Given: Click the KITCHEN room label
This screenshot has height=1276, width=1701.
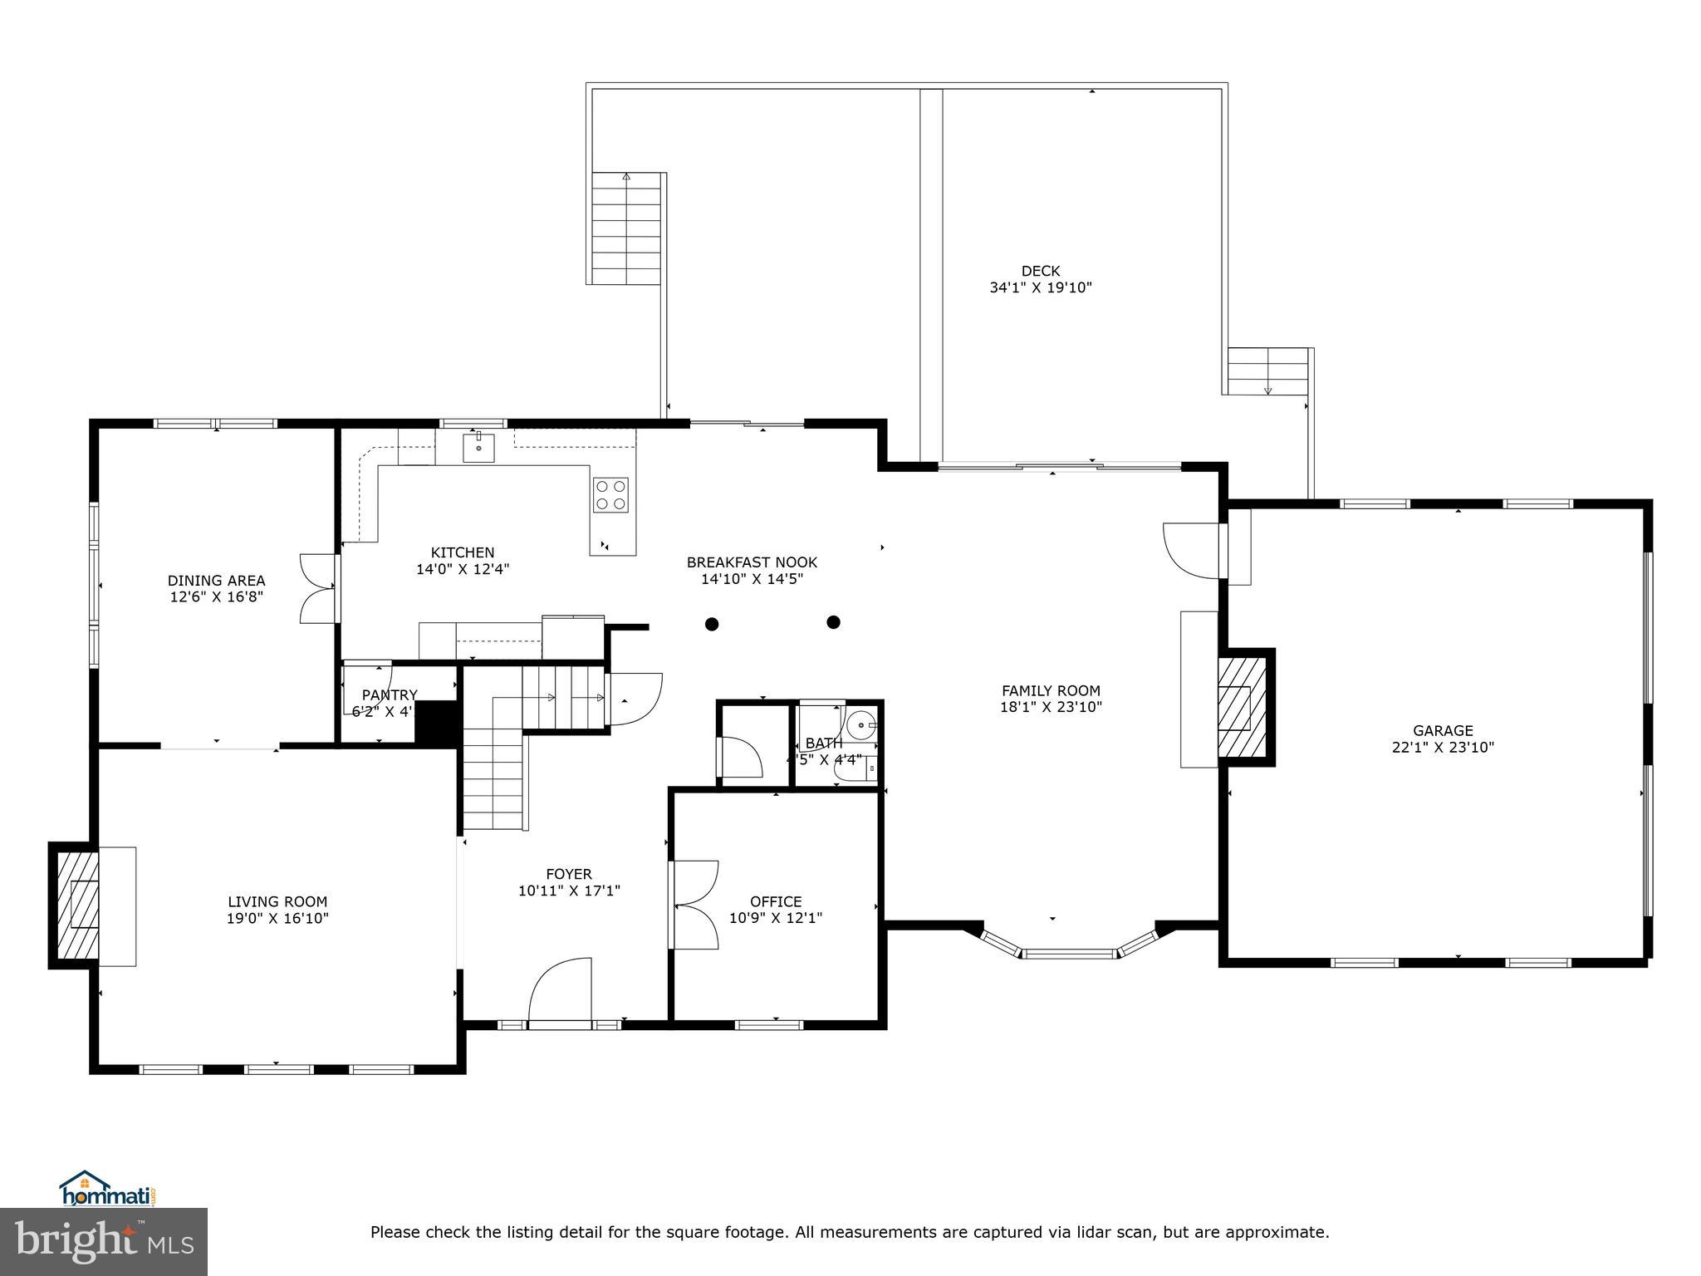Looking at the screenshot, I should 463,552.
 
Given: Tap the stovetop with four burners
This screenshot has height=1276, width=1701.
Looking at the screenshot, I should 610,495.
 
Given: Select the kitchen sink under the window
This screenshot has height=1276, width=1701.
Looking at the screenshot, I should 479,447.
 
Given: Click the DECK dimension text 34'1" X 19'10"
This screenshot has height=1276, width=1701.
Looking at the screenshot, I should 1040,288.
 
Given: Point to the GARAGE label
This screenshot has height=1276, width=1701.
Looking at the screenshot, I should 1443,730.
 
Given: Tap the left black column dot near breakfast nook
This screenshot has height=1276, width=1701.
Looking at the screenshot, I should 712,624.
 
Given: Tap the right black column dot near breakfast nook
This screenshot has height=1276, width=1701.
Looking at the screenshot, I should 834,622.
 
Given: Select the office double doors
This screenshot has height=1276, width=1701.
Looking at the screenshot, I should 694,905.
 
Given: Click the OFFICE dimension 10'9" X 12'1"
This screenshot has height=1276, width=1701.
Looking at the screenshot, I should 776,919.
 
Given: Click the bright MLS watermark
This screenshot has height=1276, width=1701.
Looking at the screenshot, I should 104,1241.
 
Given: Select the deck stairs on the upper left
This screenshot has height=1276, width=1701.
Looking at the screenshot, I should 626,228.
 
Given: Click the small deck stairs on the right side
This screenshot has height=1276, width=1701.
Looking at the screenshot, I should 1267,371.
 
